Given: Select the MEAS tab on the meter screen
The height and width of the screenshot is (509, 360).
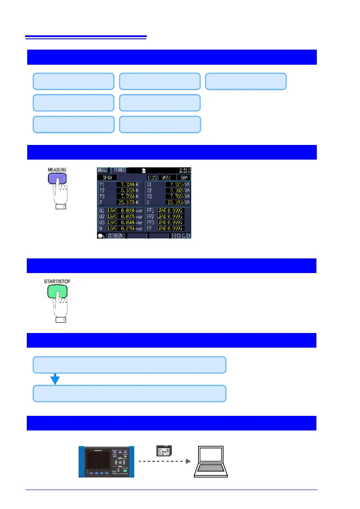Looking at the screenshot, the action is (x=103, y=171).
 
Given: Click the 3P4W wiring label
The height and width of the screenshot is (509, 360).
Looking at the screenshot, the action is (x=106, y=178).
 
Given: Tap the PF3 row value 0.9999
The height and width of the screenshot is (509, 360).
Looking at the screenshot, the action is (x=175, y=222).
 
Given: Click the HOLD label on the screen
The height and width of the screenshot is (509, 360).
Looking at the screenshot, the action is (x=181, y=236).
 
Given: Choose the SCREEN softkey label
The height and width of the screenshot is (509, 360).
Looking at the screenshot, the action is (x=115, y=236).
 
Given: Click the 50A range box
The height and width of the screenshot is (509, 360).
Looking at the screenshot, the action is (x=183, y=178).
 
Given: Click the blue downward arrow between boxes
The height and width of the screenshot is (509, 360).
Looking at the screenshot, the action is (x=55, y=378).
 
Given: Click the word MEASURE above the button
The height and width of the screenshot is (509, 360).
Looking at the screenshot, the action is (x=57, y=170).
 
